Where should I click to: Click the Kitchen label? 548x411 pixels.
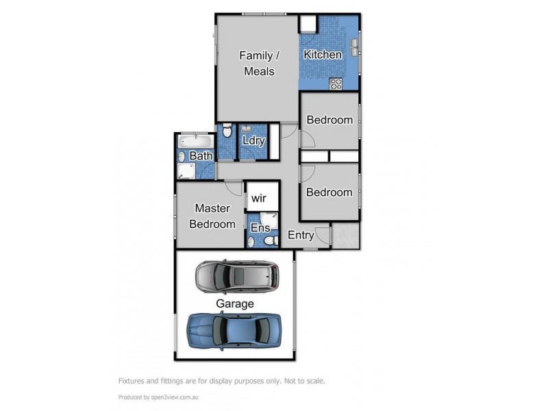323,55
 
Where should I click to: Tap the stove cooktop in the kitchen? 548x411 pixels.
336,84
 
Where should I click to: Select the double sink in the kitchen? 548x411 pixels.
355,47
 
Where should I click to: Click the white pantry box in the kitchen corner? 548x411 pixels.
308,24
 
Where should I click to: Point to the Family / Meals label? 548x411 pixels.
257,63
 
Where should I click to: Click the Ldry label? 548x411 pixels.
253,141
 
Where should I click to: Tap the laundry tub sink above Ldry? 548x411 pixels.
245,127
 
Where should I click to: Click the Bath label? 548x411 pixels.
201,156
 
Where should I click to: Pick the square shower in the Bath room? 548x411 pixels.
188,171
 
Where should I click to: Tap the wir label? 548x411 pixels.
259,199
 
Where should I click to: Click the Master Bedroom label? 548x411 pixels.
212,216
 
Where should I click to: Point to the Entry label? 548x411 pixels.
301,235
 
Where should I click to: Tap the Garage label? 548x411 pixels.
235,303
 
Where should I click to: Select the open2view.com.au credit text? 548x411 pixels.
168,397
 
